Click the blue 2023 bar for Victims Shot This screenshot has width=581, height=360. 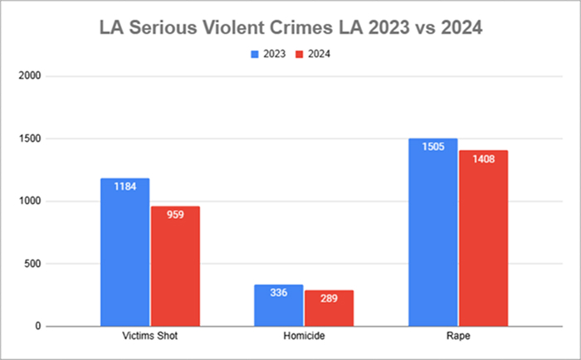click(124, 257)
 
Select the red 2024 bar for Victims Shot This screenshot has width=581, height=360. click(174, 274)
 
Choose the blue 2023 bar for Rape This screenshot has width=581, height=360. click(432, 241)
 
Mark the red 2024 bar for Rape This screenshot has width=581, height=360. click(483, 249)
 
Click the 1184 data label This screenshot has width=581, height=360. click(124, 185)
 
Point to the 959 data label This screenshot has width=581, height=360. click(174, 213)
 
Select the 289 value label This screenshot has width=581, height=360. click(329, 297)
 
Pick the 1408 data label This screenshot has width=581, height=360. click(483, 158)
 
